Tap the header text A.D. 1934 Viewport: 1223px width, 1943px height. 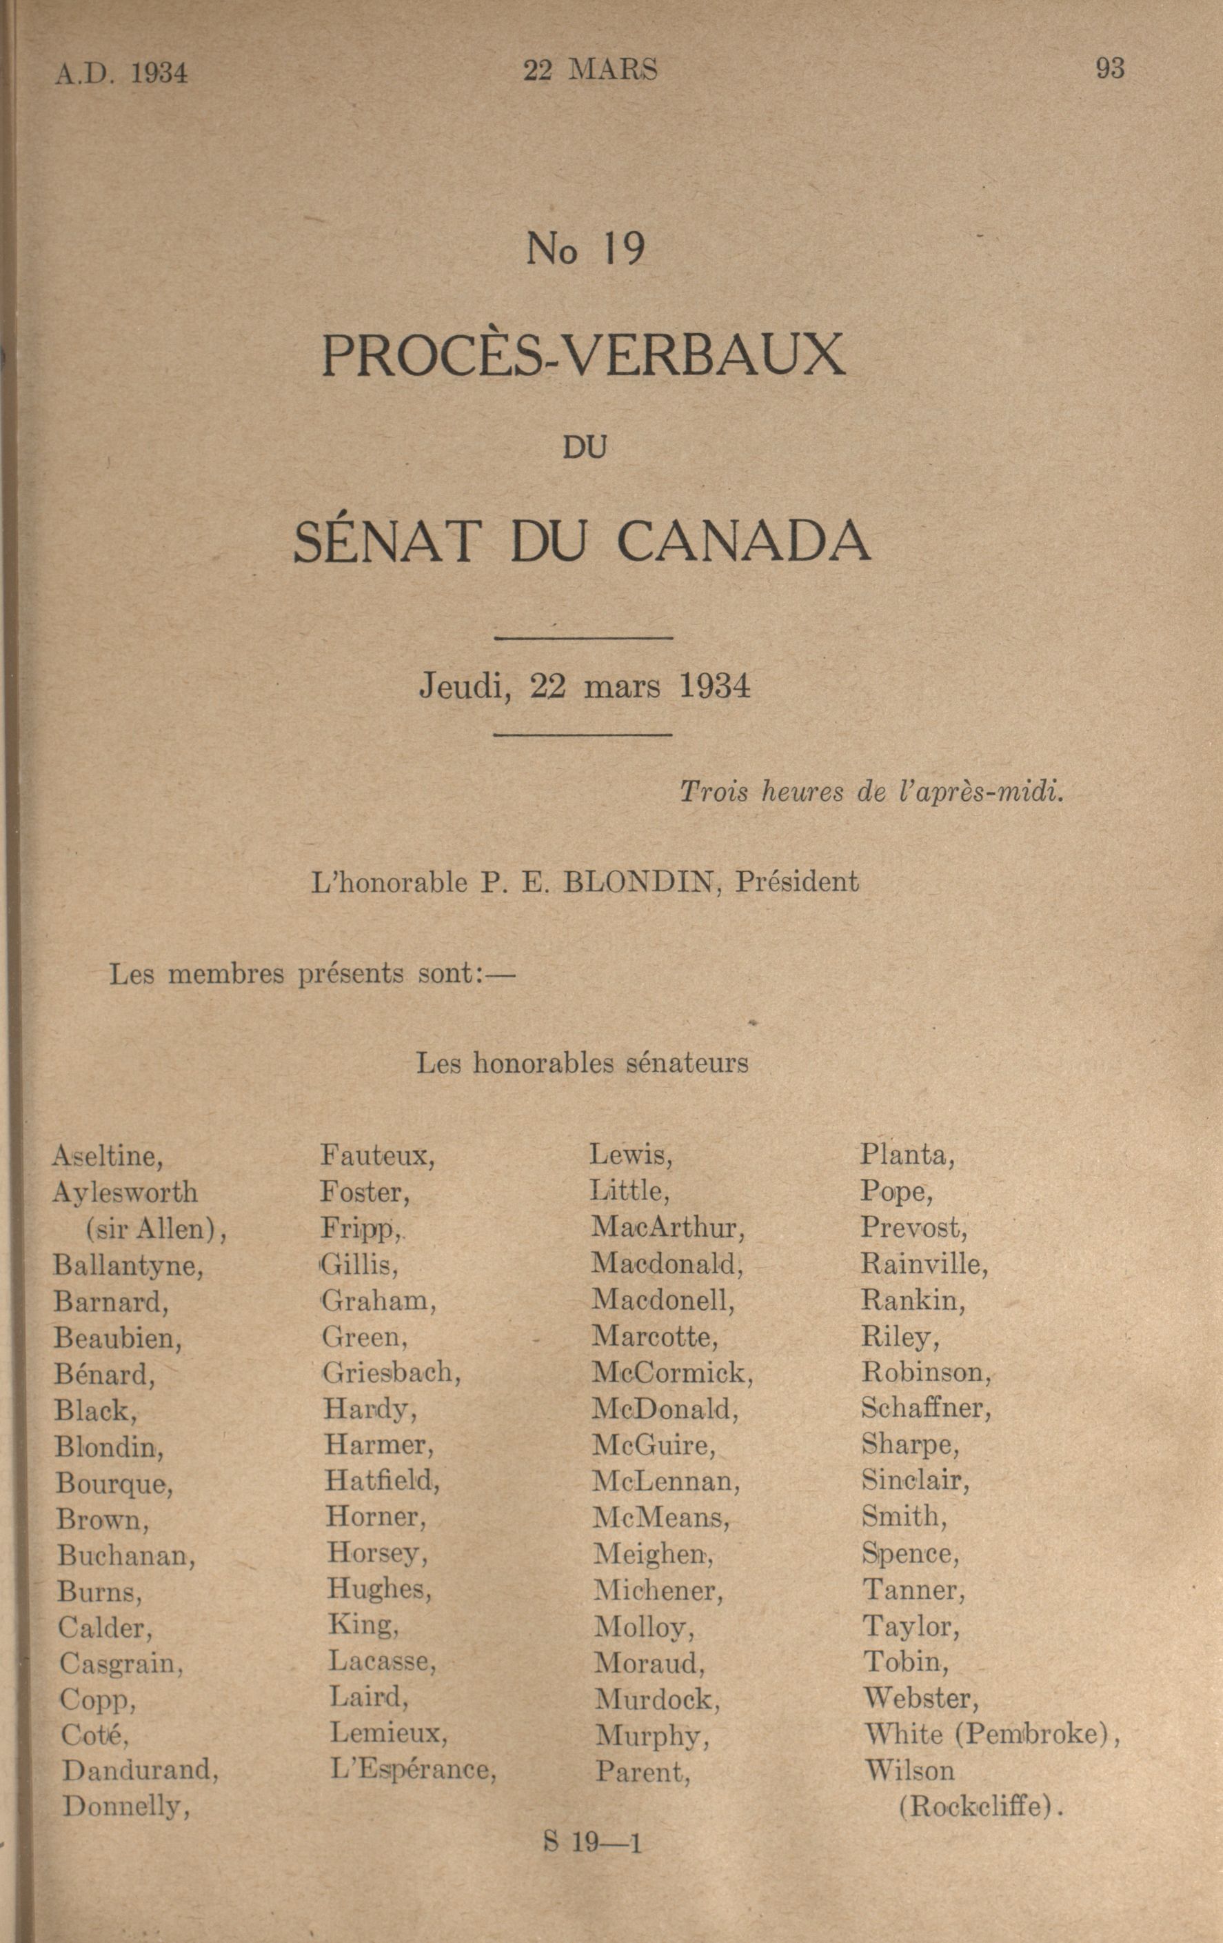pos(122,73)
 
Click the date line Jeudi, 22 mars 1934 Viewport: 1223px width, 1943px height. pos(584,687)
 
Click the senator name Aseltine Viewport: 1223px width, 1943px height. pos(108,1156)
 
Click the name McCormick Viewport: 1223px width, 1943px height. pos(672,1373)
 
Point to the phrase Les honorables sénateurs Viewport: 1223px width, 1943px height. pos(582,1063)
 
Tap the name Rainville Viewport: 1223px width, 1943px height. pos(924,1264)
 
